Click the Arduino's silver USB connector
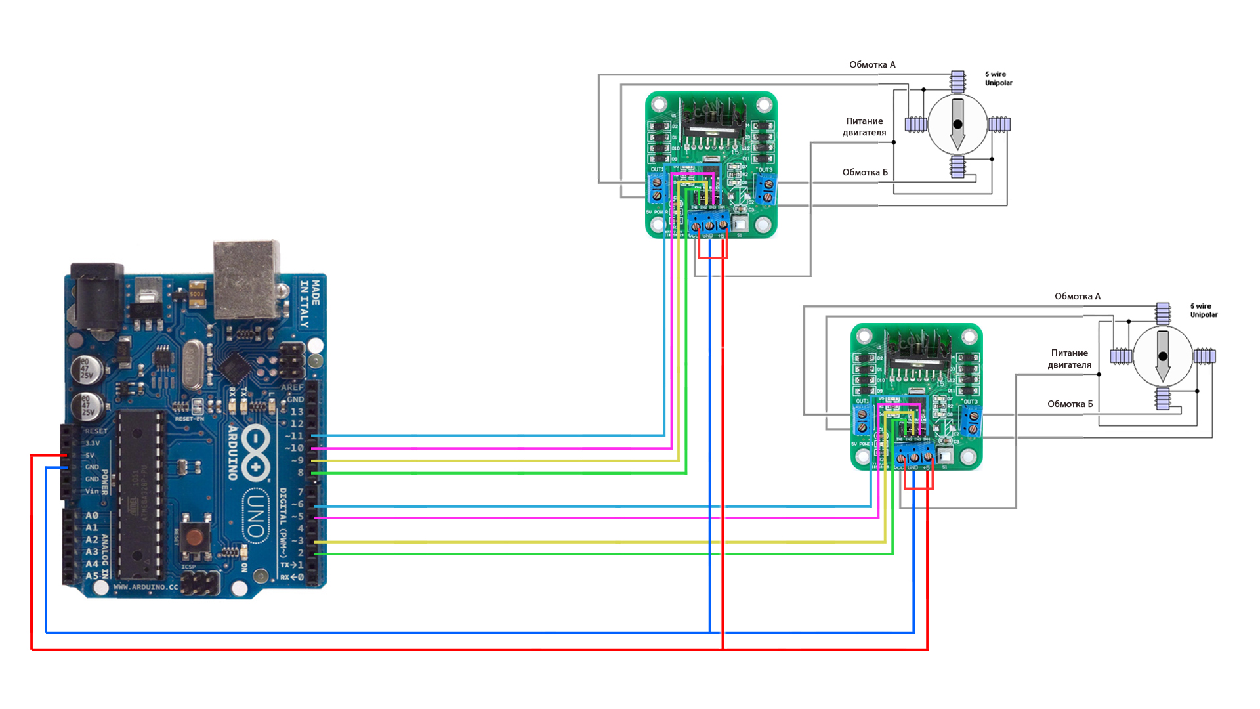click(x=246, y=279)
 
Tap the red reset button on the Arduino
click(x=194, y=537)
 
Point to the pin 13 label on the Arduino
click(x=297, y=412)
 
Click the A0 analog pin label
click(x=92, y=516)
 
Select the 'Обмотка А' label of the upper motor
click(x=872, y=64)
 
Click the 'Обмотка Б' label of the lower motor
click(x=1070, y=404)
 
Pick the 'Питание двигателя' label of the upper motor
click(x=864, y=127)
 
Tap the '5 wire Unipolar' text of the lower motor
click(x=1204, y=311)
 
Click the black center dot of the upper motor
click(x=957, y=124)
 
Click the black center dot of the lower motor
click(x=1163, y=356)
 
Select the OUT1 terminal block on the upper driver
click(x=656, y=190)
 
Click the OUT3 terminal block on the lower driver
click(x=972, y=421)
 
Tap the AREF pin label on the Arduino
click(x=292, y=387)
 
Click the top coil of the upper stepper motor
click(x=958, y=81)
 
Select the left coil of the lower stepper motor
click(x=1121, y=356)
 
